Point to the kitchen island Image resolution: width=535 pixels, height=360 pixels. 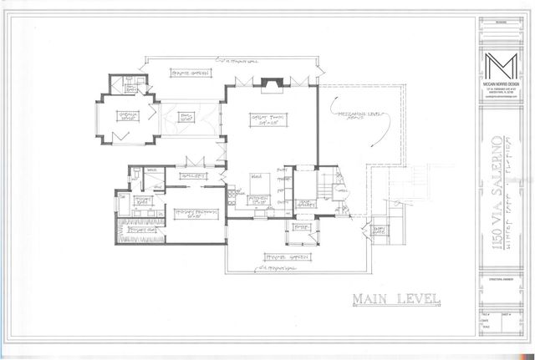(260, 179)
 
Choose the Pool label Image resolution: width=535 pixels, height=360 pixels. (186, 118)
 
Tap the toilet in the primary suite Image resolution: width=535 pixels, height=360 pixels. (135, 173)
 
